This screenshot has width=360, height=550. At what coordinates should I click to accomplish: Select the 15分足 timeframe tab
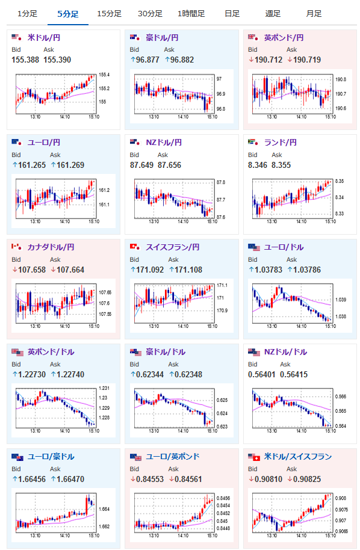click(109, 14)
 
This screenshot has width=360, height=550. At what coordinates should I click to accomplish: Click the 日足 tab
click(232, 14)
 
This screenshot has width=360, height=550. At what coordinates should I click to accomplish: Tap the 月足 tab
click(314, 14)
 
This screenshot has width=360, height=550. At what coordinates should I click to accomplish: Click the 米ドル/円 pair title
click(44, 37)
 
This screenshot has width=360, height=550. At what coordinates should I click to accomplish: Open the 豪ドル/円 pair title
click(162, 37)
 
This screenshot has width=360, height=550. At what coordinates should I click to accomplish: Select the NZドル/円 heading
click(164, 143)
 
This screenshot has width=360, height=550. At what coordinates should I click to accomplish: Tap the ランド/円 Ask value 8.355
click(281, 165)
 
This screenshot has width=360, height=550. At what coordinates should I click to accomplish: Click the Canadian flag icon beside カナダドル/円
click(16, 247)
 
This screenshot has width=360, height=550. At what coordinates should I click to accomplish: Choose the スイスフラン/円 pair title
click(173, 247)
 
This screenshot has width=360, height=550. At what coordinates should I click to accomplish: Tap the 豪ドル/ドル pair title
click(166, 352)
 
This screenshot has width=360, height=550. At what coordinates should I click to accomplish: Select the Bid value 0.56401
click(262, 374)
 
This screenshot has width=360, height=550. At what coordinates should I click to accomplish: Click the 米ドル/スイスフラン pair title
click(298, 456)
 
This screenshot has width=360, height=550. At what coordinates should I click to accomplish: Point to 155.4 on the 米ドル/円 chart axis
click(104, 75)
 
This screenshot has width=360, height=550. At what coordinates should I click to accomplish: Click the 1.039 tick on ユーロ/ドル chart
click(341, 300)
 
